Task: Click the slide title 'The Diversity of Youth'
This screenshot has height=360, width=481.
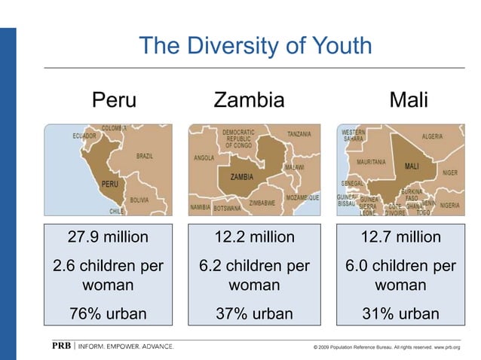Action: [x=256, y=47]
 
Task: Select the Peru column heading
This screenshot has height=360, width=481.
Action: [x=115, y=99]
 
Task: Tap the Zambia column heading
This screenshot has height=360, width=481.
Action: [x=249, y=99]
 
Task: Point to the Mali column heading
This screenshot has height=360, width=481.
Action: [x=408, y=99]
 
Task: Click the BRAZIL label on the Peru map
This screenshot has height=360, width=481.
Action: [x=145, y=156]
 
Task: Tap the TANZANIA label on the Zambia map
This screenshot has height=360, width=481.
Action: [x=299, y=135]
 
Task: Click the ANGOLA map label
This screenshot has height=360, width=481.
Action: [x=204, y=159]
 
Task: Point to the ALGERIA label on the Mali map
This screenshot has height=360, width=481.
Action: [x=432, y=137]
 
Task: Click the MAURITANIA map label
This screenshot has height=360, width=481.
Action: [x=371, y=161]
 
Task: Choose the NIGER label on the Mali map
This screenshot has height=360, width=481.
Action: [x=450, y=172]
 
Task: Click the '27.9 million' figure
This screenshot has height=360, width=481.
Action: [x=109, y=238]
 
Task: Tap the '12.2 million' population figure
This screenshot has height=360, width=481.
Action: [x=254, y=238]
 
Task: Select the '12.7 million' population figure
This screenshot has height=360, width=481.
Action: [x=400, y=238]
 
